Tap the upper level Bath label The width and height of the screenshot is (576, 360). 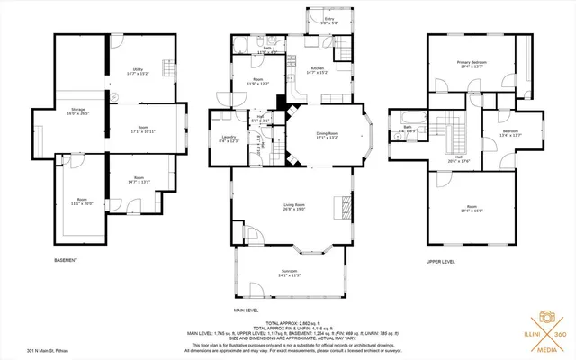(x=407, y=130)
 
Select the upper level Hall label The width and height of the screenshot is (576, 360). (x=458, y=159)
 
